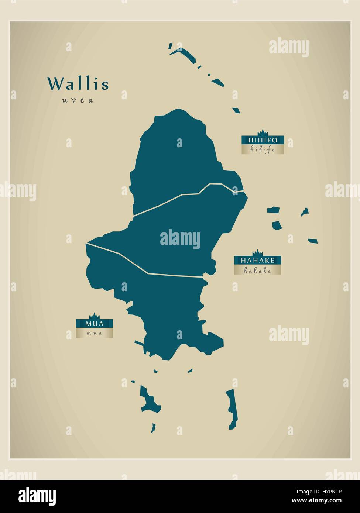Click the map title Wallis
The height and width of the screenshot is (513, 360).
tap(78, 84)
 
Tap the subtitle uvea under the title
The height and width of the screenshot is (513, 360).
tap(78, 100)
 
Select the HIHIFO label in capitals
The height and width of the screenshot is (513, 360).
tap(263, 140)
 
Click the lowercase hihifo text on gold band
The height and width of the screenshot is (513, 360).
tap(263, 149)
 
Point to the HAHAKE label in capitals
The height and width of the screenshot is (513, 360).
tap(258, 260)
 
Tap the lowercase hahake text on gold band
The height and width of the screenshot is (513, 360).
tap(258, 270)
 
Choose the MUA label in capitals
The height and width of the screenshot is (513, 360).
tap(94, 324)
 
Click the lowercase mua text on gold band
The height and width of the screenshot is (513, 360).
tap(94, 333)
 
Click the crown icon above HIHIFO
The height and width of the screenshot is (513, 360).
tap(263, 132)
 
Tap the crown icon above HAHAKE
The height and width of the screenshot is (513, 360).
tap(258, 253)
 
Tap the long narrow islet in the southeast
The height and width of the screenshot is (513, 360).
tap(232, 410)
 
